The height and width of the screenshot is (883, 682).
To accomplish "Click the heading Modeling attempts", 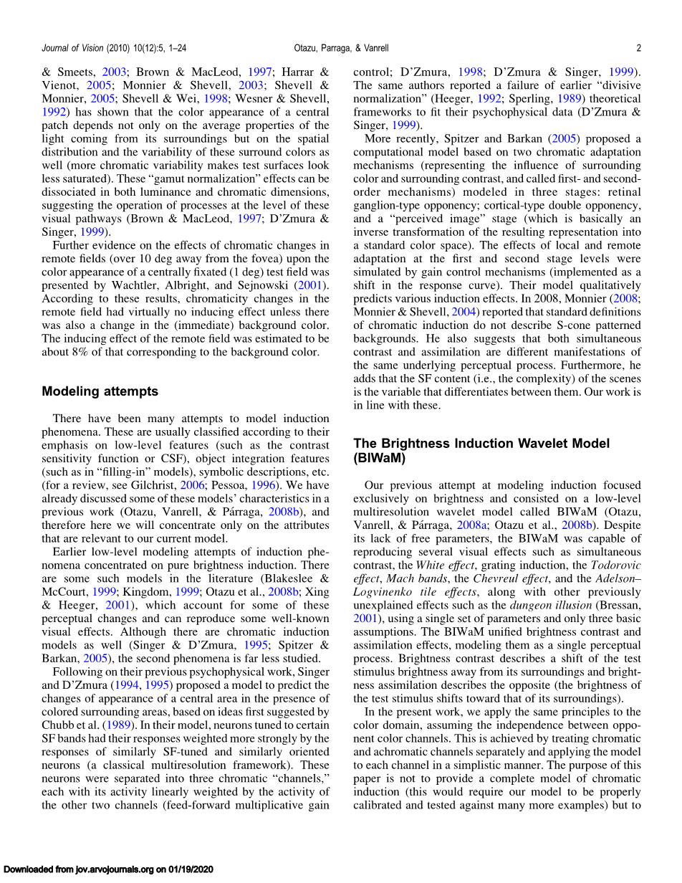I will tap(100, 391).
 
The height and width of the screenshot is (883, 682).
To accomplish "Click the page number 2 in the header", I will tap(638, 49).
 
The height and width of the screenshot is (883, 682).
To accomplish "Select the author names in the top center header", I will tap(341, 49).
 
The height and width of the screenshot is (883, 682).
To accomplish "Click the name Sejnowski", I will tap(261, 285).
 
